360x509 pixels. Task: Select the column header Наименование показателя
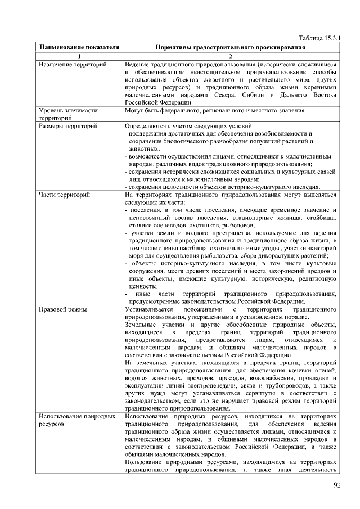click(79, 47)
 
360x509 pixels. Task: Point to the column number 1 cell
click(79, 56)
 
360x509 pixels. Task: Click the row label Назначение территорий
click(73, 65)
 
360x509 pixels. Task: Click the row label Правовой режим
click(61, 309)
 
